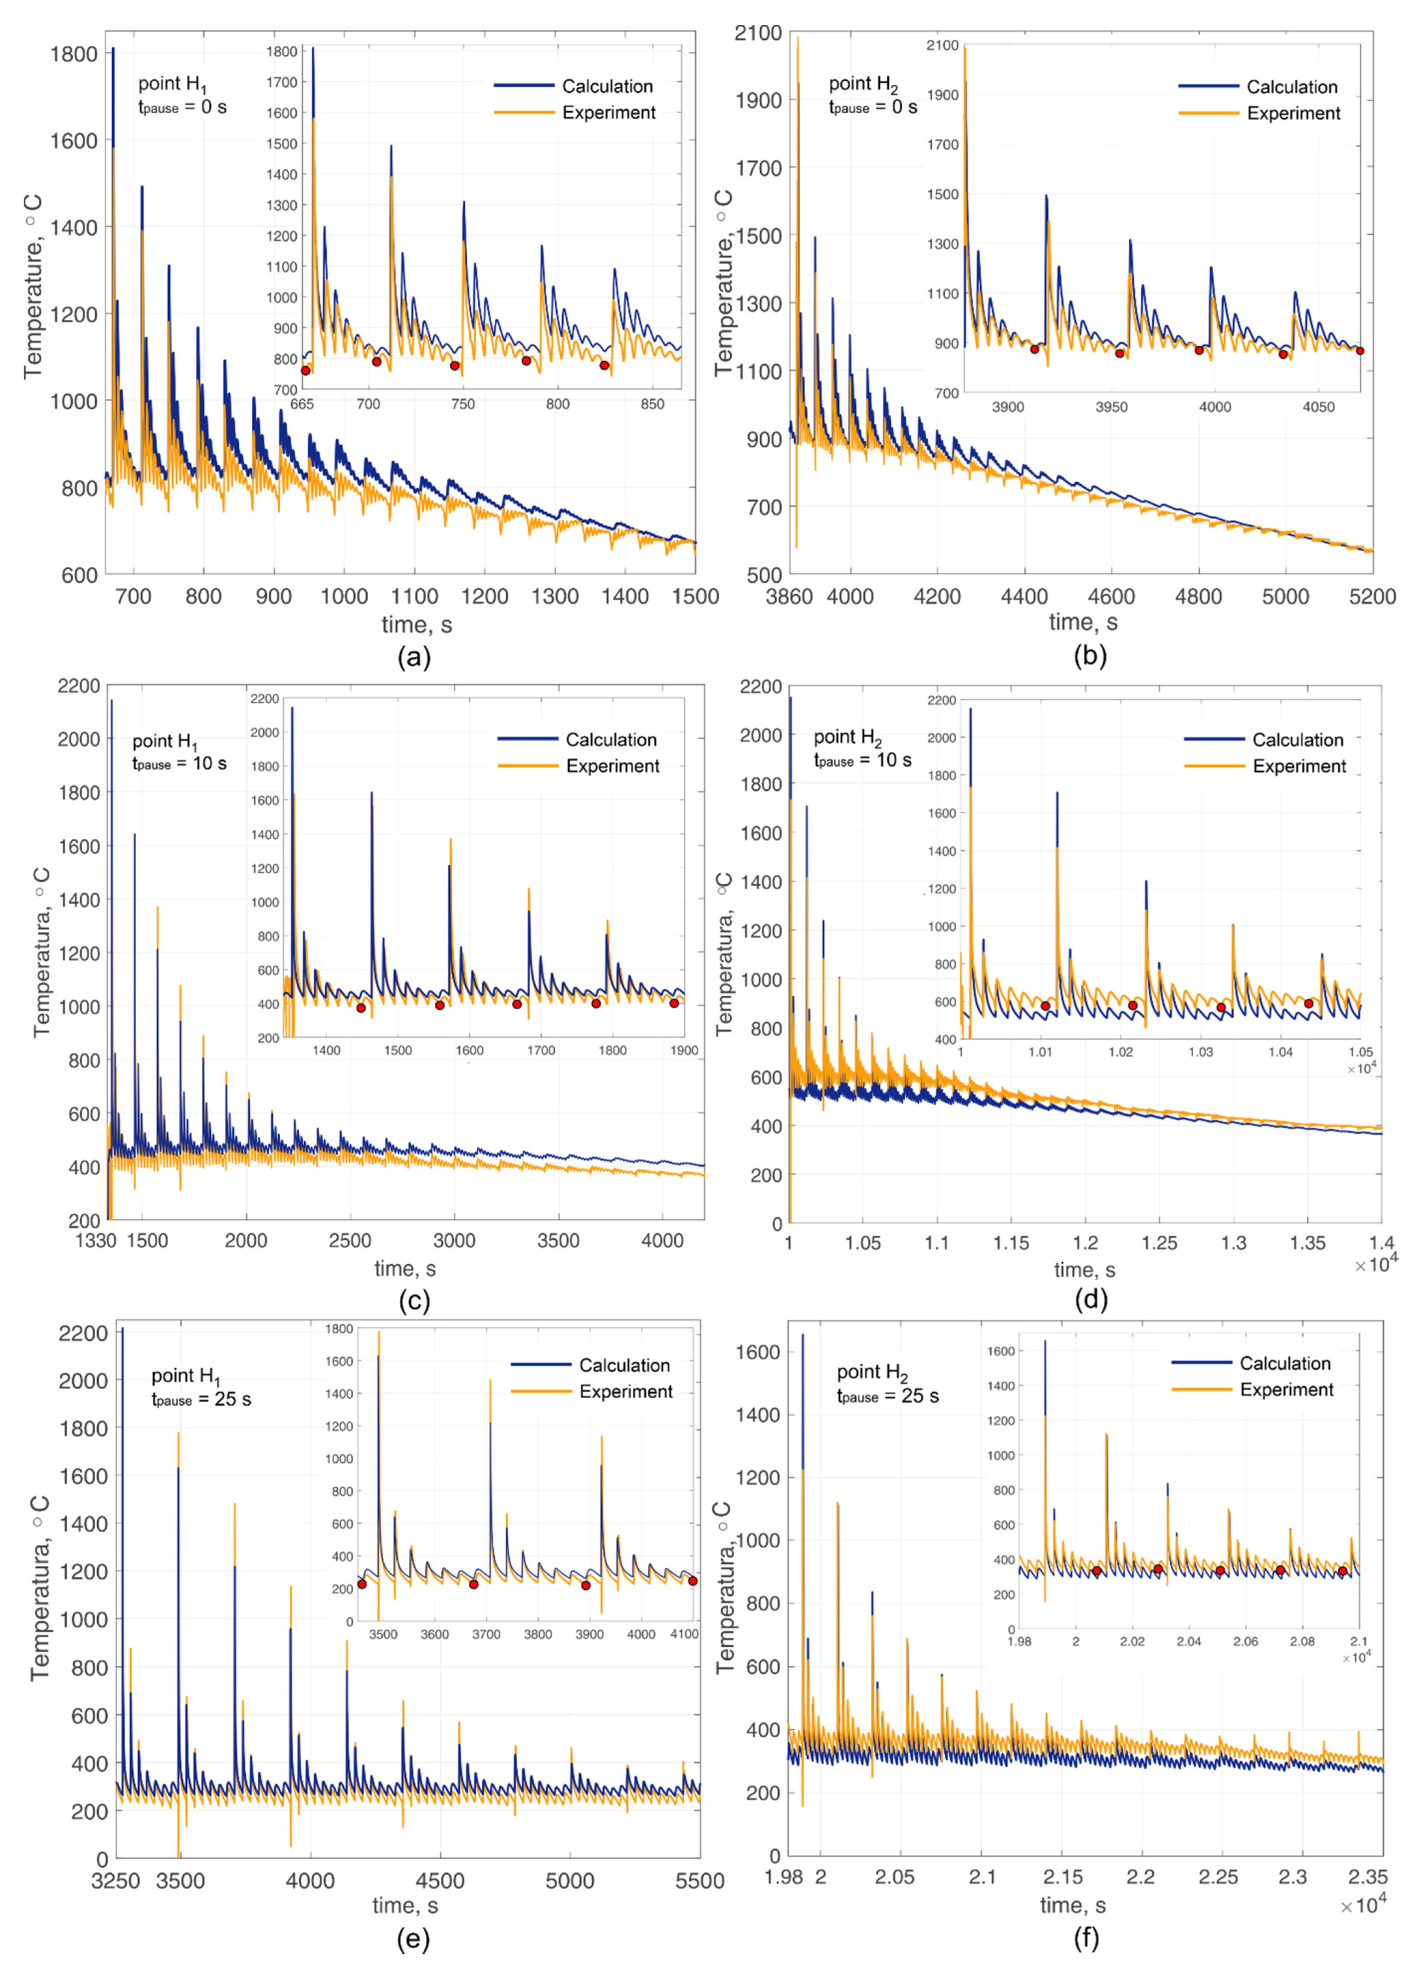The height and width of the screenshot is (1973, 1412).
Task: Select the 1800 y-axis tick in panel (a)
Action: pos(74,54)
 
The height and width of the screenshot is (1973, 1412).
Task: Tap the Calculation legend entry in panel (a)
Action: pos(607,86)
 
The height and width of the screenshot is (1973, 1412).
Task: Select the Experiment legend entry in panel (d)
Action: pos(1299,766)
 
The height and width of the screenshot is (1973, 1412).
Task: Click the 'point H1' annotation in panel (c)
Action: pos(165,742)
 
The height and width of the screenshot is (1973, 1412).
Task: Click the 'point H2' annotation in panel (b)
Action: pos(863,84)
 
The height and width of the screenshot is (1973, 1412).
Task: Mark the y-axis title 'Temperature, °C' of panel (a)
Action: pos(33,287)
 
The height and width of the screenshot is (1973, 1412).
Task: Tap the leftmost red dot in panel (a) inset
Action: pos(305,370)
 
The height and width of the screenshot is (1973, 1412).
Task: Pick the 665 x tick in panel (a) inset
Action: pos(302,404)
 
